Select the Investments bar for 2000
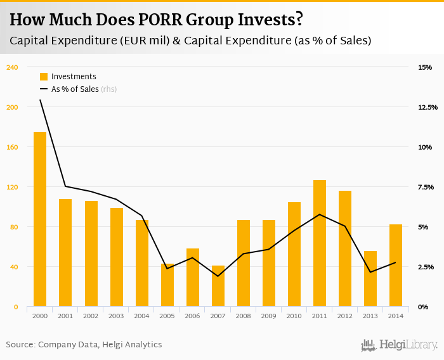[x=40, y=219]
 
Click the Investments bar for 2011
[x=320, y=243]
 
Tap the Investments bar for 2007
[x=218, y=286]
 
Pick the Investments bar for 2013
[x=370, y=279]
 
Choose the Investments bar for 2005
[x=167, y=285]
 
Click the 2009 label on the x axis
[x=269, y=316]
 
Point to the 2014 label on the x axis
[x=396, y=316]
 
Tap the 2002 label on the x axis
[x=91, y=316]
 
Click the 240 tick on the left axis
[x=12, y=67]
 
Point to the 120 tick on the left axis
[x=12, y=187]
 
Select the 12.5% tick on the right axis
[x=428, y=107]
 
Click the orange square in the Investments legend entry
[x=44, y=77]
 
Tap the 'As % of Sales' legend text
[x=75, y=89]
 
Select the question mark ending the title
[x=299, y=20]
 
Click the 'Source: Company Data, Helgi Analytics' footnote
[x=84, y=344]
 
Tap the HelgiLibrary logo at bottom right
[x=399, y=345]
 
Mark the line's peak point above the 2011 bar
[x=320, y=214]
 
